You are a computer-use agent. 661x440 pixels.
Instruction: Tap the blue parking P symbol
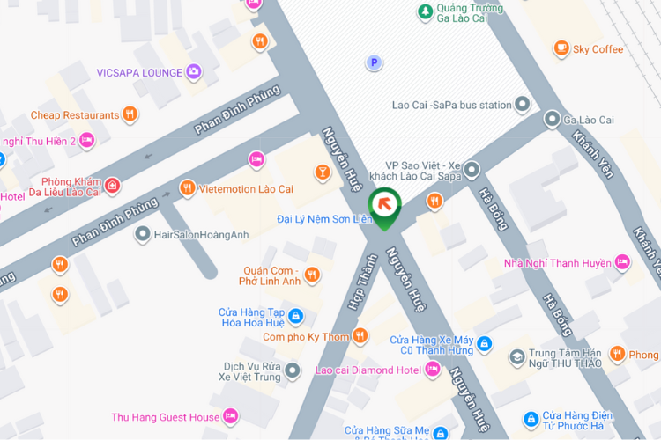click(x=375, y=62)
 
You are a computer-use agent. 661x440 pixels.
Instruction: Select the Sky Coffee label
click(x=598, y=49)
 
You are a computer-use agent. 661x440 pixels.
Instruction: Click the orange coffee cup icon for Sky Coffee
click(x=561, y=48)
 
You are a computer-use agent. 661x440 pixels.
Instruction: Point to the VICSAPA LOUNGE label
click(x=139, y=72)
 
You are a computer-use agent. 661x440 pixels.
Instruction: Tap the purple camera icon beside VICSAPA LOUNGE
click(x=194, y=72)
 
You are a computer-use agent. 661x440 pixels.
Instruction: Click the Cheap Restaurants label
click(x=74, y=115)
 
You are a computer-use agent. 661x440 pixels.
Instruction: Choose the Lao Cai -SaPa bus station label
click(x=451, y=106)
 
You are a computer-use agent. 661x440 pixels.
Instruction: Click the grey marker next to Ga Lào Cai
click(x=552, y=119)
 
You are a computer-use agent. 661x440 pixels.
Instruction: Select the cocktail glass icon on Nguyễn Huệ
click(x=323, y=172)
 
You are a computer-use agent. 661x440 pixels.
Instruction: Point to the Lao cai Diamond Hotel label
click(x=368, y=370)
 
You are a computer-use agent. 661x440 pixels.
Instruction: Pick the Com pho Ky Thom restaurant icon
click(x=360, y=336)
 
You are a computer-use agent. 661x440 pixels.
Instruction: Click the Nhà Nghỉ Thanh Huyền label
click(x=557, y=262)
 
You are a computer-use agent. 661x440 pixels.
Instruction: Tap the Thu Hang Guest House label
click(x=166, y=417)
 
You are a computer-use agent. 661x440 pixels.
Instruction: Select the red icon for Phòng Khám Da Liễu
click(x=112, y=186)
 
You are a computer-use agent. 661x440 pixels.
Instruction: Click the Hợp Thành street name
click(x=360, y=282)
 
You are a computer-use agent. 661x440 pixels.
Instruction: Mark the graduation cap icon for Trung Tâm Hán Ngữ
click(x=516, y=357)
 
